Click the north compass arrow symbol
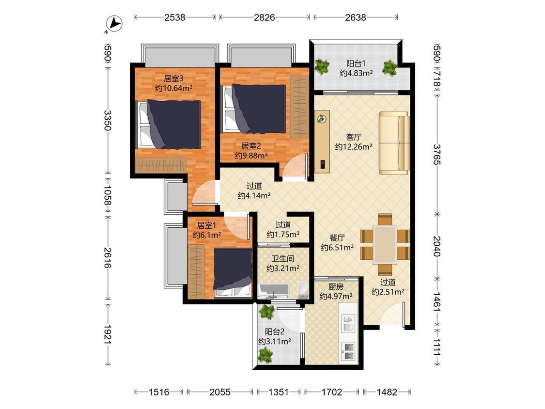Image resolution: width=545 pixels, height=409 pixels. pyautogui.click(x=114, y=24)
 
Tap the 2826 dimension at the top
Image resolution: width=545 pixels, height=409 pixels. pyautogui.click(x=265, y=17)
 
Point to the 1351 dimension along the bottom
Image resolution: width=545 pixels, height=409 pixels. pyautogui.click(x=279, y=392)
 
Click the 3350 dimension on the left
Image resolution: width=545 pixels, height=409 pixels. pyautogui.click(x=108, y=120)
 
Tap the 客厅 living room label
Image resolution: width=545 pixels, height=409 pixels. pyautogui.click(x=354, y=137)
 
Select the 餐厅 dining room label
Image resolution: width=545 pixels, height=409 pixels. pyautogui.click(x=337, y=238)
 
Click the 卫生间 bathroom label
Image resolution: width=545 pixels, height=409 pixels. pyautogui.click(x=283, y=259)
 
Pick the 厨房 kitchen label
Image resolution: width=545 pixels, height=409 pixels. pyautogui.click(x=336, y=287)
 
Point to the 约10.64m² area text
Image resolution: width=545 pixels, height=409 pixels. pyautogui.click(x=174, y=88)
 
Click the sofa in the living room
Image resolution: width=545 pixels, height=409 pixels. pyautogui.click(x=394, y=143)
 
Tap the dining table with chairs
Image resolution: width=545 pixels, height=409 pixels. pyautogui.click(x=385, y=245)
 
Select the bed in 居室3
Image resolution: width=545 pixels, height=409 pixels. pyautogui.click(x=168, y=124)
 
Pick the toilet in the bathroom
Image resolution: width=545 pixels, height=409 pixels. pyautogui.click(x=303, y=289)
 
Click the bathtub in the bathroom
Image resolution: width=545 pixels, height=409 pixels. pyautogui.click(x=274, y=291)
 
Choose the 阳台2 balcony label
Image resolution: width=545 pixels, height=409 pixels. pyautogui.click(x=275, y=332)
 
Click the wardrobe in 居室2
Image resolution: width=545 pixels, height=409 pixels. pyautogui.click(x=299, y=107)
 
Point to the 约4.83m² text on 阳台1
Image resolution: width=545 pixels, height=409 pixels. pyautogui.click(x=356, y=73)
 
